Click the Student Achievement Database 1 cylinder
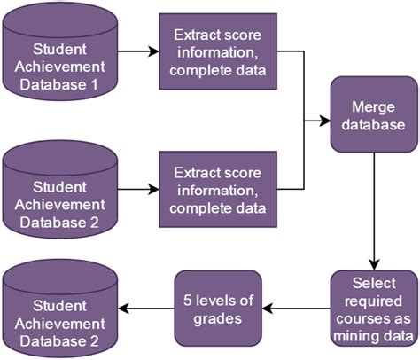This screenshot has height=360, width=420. click(x=59, y=54)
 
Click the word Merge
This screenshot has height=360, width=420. click(x=372, y=107)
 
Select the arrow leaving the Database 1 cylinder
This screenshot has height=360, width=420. click(x=137, y=51)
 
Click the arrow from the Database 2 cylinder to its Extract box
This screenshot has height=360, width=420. click(x=137, y=188)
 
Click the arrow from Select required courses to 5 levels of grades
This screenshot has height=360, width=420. click(x=297, y=309)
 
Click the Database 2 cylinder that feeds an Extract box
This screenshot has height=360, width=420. click(x=59, y=191)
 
